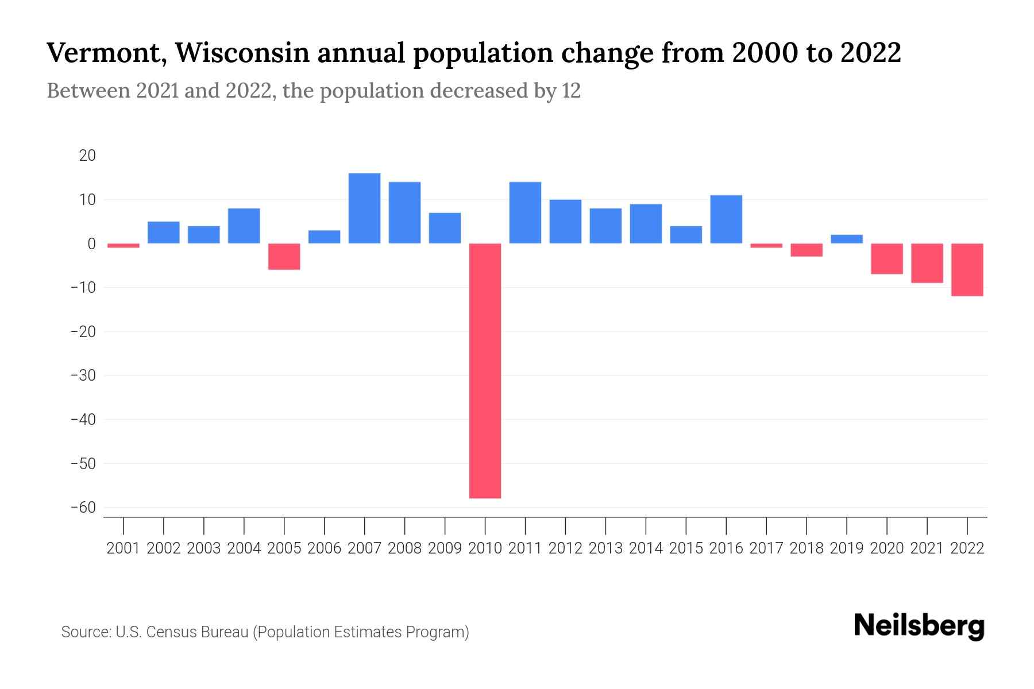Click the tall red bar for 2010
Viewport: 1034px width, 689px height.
[x=485, y=370]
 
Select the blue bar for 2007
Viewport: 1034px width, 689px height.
[x=364, y=208]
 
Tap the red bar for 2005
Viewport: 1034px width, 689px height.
[x=284, y=256]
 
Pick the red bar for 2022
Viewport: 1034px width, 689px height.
[x=967, y=269]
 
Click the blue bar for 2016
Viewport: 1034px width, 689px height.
[x=726, y=219]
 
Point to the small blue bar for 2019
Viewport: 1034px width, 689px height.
[x=847, y=239]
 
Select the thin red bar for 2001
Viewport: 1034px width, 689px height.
[x=124, y=245]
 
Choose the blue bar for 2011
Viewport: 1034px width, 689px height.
[x=525, y=212]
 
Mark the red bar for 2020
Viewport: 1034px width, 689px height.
[x=887, y=258]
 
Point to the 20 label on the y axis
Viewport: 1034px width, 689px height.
[x=87, y=156]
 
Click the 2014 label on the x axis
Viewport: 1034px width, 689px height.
[x=646, y=548]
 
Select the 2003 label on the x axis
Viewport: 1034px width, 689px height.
[x=204, y=548]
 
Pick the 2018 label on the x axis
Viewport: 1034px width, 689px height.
[x=807, y=548]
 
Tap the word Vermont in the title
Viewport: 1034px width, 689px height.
[x=106, y=53]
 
